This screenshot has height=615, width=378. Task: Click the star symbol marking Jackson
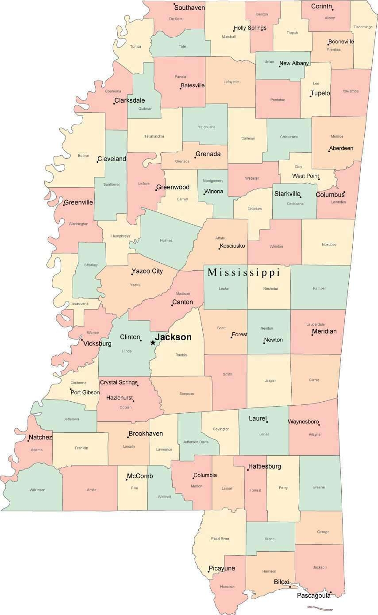(x=153, y=342)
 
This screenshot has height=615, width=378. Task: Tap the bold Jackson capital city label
(x=173, y=337)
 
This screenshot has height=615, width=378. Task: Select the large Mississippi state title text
(x=244, y=272)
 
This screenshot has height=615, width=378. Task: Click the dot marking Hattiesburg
(x=248, y=470)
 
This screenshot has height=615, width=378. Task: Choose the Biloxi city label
(x=282, y=582)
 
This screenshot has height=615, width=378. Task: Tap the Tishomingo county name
(x=363, y=27)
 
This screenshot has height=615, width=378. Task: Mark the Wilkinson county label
(x=37, y=490)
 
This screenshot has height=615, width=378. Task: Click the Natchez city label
(x=40, y=438)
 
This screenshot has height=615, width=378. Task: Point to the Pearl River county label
(x=220, y=538)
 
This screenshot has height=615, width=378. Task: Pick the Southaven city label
(x=189, y=8)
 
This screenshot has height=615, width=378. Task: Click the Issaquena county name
(x=80, y=304)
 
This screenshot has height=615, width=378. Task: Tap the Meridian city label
(x=324, y=331)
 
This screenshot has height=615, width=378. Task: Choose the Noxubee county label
(x=329, y=244)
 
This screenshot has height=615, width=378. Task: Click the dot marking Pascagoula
(x=330, y=592)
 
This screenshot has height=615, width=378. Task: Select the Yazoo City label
(x=147, y=271)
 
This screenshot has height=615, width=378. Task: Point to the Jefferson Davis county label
(x=196, y=442)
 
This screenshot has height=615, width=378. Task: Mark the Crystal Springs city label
(x=118, y=382)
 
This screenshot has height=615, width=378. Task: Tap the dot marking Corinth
(x=332, y=9)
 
